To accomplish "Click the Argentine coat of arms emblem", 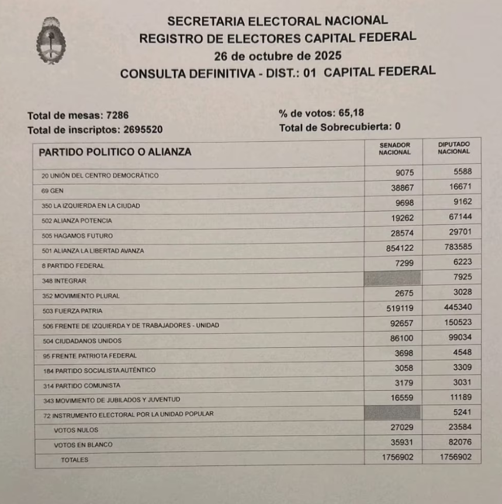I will (51, 40).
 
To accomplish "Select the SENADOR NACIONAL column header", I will (394, 149).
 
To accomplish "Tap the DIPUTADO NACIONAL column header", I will (453, 147).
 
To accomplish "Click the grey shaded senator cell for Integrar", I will (392, 278).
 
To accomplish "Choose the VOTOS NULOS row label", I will (75, 430).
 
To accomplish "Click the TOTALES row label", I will (74, 460).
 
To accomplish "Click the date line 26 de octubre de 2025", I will (278, 56).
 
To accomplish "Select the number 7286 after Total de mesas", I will (125, 116).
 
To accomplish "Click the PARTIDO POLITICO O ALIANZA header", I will (115, 152).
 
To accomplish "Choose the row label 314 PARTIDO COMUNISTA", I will (81, 386).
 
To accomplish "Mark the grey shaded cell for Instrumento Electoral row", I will (392, 412).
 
